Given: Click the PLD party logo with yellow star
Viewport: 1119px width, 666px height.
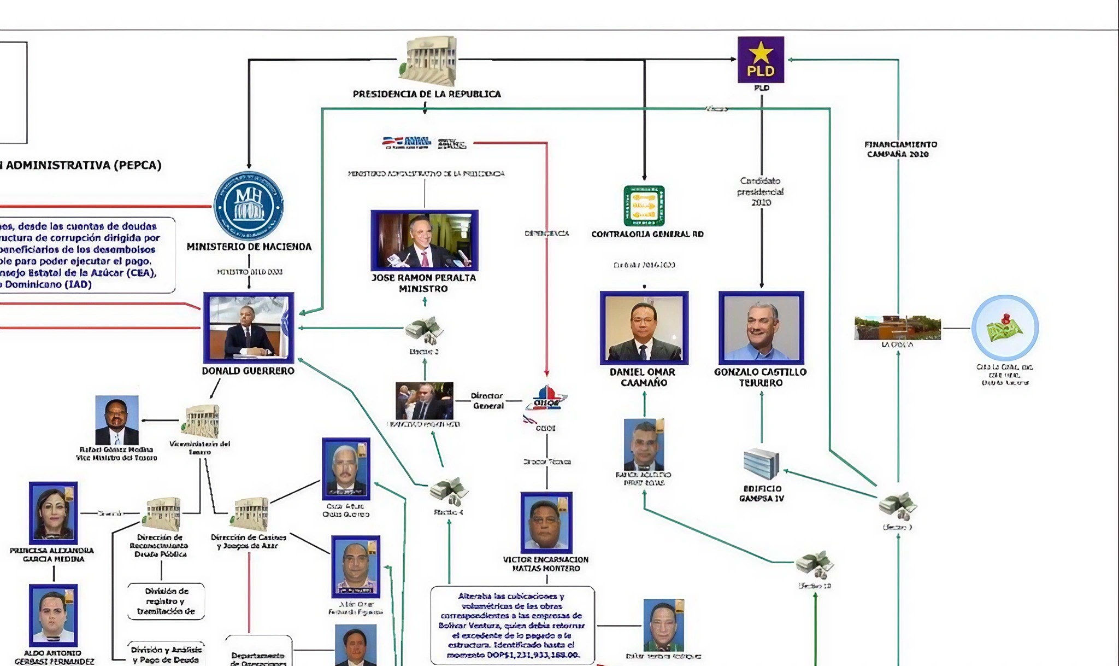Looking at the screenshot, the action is tap(761, 60).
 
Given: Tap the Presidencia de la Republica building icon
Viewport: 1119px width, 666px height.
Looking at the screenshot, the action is tap(429, 60).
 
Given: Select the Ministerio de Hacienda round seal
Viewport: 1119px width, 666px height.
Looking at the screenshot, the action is tap(249, 206).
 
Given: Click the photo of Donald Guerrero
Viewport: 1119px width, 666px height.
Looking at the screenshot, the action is tap(249, 328).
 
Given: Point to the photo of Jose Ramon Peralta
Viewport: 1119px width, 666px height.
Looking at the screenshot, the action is tap(424, 240).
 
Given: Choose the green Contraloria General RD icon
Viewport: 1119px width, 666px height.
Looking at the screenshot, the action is tap(644, 206).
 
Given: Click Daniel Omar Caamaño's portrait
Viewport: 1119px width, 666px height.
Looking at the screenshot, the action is tap(644, 328).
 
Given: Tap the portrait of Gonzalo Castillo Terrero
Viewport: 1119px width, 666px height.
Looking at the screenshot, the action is tap(761, 328).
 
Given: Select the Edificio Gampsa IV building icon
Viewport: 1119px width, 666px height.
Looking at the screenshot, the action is tap(761, 464).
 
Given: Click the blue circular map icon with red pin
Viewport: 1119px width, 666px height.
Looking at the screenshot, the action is tap(1005, 328).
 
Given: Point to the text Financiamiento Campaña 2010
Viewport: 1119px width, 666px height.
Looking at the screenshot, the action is tap(900, 149).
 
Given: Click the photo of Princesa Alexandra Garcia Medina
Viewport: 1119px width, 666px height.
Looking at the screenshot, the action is tap(53, 512).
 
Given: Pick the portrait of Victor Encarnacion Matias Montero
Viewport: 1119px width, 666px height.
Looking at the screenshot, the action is tap(546, 522).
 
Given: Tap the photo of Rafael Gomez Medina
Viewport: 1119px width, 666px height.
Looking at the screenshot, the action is tap(116, 420).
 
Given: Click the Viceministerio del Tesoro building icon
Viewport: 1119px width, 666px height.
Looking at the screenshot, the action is tap(202, 421).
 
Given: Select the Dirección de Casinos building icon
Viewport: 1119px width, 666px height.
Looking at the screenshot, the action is tap(251, 514).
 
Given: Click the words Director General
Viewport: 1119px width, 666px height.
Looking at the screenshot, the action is tap(487, 401).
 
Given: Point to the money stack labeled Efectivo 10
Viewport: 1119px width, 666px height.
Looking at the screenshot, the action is tap(815, 564).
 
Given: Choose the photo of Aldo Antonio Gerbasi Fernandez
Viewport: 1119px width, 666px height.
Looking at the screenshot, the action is tap(53, 615).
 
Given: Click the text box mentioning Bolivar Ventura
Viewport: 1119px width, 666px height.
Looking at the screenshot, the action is tap(512, 625).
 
